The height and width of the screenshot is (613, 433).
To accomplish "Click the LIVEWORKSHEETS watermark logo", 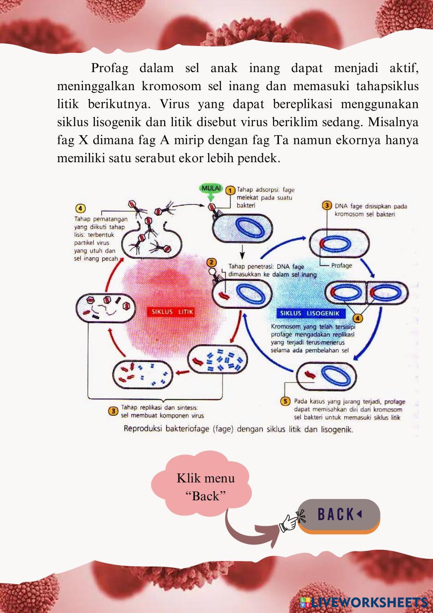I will [x=364, y=602].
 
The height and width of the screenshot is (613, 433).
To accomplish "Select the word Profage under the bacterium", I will [x=342, y=265].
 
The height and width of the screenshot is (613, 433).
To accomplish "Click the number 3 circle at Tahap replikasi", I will [x=113, y=410].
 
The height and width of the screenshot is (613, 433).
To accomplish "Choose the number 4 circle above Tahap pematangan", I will [x=81, y=208].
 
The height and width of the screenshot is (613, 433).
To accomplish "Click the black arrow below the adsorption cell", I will [x=242, y=250].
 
